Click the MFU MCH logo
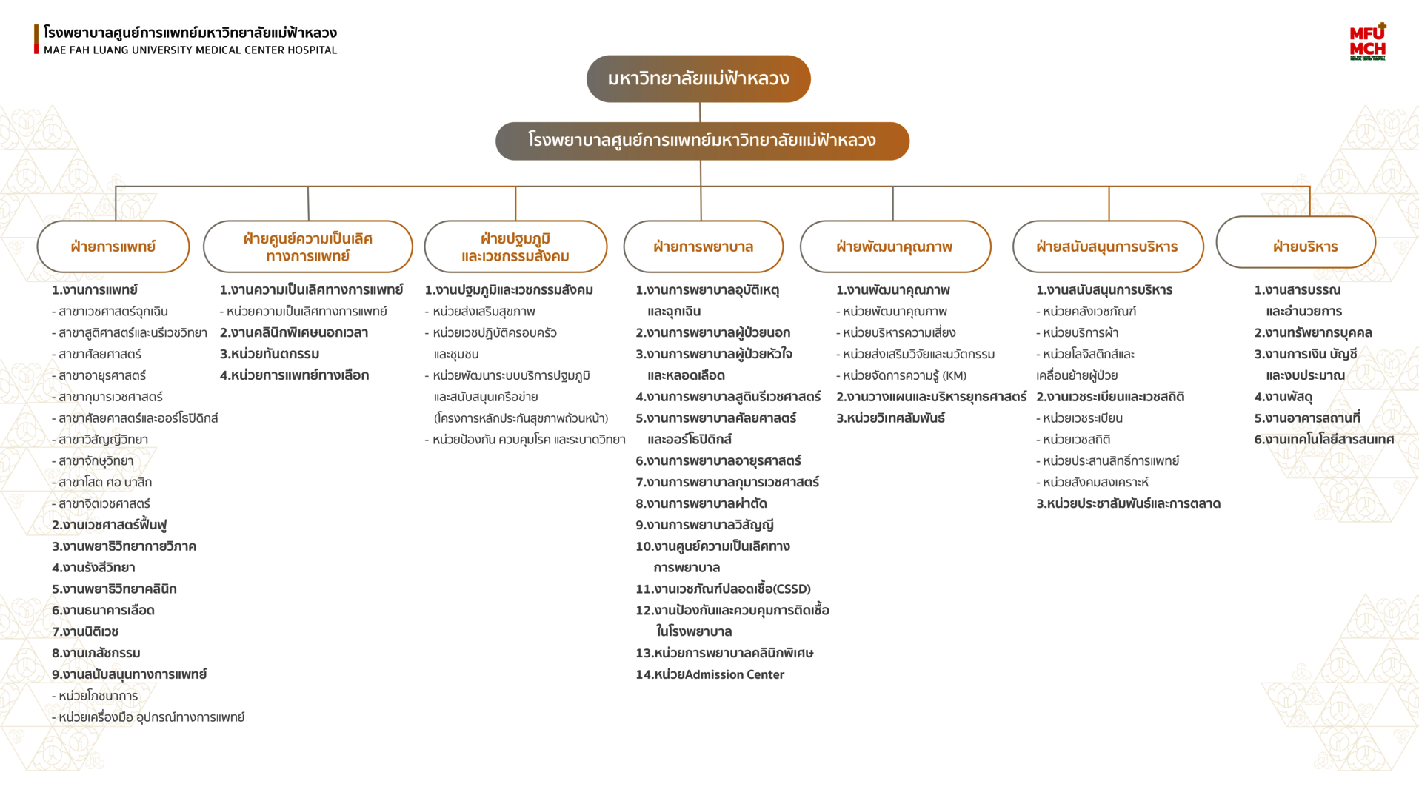[1367, 42]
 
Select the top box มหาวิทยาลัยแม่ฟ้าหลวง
[698, 78]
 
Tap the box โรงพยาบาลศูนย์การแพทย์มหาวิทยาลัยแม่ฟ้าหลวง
[702, 141]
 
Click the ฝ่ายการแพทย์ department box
[113, 247]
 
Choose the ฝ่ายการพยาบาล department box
[703, 247]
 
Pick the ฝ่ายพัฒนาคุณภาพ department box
[895, 247]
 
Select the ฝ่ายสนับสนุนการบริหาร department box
[1107, 247]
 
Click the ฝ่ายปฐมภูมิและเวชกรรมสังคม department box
[515, 247]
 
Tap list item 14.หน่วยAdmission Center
[709, 674]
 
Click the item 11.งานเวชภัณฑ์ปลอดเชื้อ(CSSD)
[723, 589]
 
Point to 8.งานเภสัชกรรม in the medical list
[96, 653]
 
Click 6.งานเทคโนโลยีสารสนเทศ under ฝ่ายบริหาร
[1323, 440]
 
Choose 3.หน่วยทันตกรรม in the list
[270, 354]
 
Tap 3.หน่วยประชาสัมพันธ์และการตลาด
[1128, 503]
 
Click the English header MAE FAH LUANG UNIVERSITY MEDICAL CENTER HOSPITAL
[190, 50]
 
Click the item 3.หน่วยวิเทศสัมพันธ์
[890, 418]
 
